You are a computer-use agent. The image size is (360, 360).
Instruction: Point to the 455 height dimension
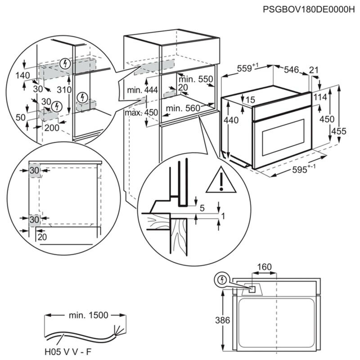coord(341,131)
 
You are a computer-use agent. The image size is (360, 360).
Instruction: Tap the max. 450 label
coord(142,112)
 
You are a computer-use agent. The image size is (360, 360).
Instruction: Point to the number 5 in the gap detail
coord(202,208)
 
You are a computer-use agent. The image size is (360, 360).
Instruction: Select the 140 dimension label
coord(22,75)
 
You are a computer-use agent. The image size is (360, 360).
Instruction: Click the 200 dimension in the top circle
coord(52,127)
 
